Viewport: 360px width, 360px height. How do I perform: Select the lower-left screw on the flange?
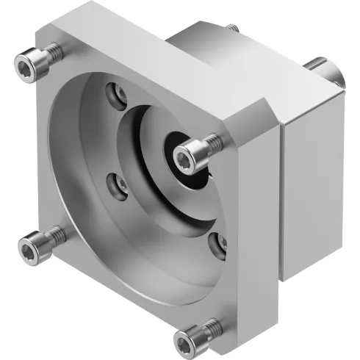coord(40,240)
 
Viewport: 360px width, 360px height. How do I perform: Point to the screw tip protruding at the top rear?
coord(233,28)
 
